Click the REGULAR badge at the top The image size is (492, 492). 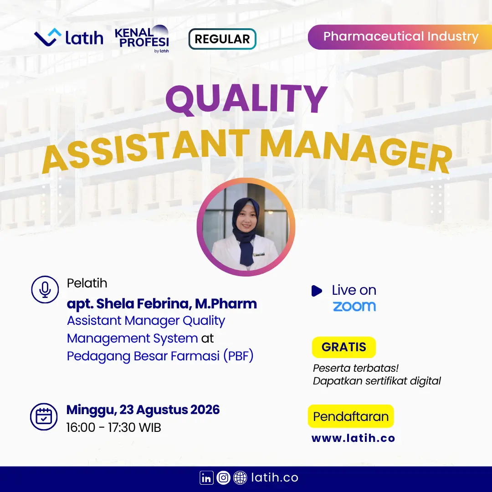tap(222, 39)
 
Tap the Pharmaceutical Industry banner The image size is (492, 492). tap(400, 37)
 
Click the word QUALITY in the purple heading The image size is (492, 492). tap(246, 99)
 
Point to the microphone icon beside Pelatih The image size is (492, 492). tap(45, 289)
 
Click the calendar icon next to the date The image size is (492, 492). tap(44, 417)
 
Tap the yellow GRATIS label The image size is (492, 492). tap(344, 347)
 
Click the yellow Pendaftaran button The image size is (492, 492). tap(351, 416)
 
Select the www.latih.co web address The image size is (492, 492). tap(353, 438)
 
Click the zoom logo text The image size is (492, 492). tap(354, 306)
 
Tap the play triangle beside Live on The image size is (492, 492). tap(317, 291)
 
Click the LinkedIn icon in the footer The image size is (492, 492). tap(206, 478)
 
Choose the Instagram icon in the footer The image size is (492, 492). tap(223, 478)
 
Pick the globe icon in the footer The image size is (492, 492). tap(240, 478)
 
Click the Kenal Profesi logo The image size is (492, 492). tap(142, 39)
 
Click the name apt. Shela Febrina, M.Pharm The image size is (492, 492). tap(162, 304)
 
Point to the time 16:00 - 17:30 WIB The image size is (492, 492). tap(113, 427)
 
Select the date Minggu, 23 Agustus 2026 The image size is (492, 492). tap(143, 410)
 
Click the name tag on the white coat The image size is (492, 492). tap(259, 254)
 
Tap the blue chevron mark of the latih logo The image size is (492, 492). tap(48, 37)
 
